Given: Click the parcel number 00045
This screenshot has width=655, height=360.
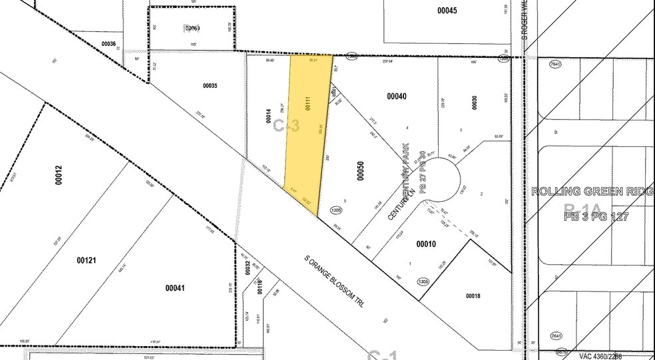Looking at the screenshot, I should (x=447, y=10).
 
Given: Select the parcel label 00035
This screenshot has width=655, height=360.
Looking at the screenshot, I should (x=210, y=86).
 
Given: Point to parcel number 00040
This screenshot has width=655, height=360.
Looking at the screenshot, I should (x=396, y=96).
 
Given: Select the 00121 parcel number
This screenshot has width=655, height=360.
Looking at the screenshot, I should (x=87, y=260).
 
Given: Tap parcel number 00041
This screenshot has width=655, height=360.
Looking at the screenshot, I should (x=174, y=287).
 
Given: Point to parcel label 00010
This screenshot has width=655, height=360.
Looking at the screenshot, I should (x=426, y=245).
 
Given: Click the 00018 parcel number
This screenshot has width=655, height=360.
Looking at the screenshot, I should (x=473, y=295).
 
